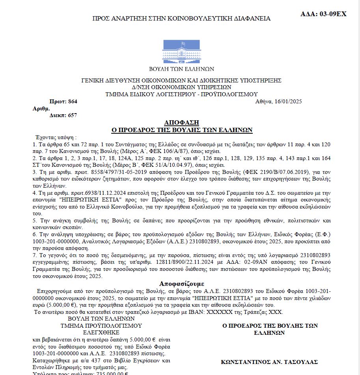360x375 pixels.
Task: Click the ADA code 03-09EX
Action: point(329,14)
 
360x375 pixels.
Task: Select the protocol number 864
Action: point(72,102)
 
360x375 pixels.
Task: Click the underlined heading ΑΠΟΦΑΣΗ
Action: point(182,123)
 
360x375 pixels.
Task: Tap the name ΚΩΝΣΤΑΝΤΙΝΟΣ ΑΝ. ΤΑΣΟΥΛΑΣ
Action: point(270,362)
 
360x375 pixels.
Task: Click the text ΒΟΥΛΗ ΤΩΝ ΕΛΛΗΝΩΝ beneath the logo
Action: point(181,69)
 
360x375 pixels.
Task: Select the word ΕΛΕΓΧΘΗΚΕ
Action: point(101,332)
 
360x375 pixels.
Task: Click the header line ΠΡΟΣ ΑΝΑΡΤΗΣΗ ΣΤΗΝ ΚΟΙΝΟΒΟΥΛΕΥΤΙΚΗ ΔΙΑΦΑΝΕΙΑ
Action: point(181,19)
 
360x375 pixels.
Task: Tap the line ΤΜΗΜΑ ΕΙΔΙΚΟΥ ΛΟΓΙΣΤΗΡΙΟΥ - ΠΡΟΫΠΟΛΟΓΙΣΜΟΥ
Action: point(181,94)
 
